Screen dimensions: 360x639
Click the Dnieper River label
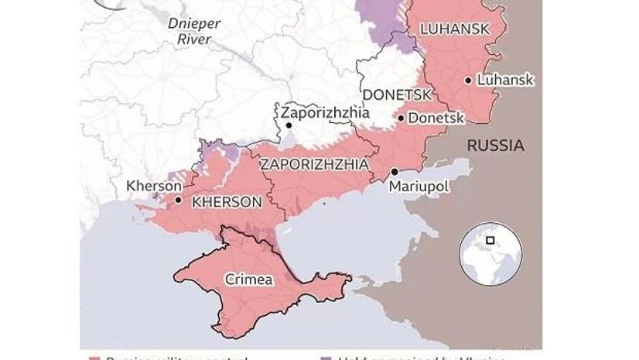(x=194, y=30)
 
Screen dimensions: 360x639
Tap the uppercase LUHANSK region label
(x=454, y=29)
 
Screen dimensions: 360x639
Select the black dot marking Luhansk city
(x=469, y=80)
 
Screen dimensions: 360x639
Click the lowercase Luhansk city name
(x=505, y=80)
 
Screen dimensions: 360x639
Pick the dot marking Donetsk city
(x=400, y=118)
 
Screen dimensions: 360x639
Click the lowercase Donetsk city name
(x=436, y=118)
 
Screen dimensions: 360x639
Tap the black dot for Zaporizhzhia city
(x=288, y=125)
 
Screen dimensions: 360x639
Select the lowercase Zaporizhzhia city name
(x=325, y=111)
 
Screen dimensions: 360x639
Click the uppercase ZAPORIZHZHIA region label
(x=313, y=164)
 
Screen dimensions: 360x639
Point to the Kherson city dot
(x=179, y=200)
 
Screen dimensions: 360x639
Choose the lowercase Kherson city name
(x=154, y=186)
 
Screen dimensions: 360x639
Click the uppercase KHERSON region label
(x=226, y=201)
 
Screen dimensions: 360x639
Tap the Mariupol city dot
(x=395, y=172)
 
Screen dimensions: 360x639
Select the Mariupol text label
(x=419, y=187)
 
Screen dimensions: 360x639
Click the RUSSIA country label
(x=495, y=146)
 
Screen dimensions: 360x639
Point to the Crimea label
(x=248, y=279)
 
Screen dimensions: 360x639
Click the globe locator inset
(x=490, y=254)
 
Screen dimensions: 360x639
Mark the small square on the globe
(x=490, y=240)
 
